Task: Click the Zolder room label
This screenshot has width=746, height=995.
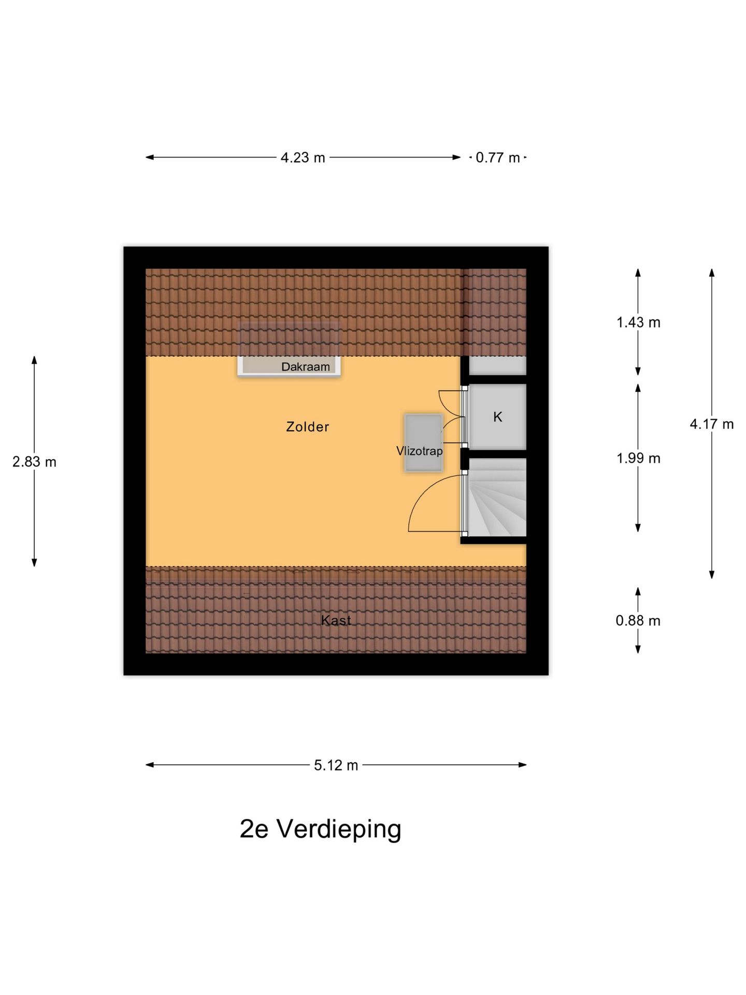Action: (307, 427)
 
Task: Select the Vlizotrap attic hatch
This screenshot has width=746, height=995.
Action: (423, 442)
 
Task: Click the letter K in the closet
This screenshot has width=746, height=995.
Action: (497, 417)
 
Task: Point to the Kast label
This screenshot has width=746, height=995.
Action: (336, 620)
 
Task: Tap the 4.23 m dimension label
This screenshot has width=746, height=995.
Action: (303, 158)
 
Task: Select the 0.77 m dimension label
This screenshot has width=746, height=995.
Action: (497, 158)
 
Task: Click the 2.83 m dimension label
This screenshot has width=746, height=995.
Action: (34, 461)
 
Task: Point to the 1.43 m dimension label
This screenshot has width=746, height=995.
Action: (638, 322)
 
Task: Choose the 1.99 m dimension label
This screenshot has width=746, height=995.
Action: (638, 458)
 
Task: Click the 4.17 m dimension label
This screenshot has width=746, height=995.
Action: (711, 424)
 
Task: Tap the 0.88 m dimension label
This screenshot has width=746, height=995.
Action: (638, 620)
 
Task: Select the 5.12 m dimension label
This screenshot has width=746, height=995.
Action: (336, 765)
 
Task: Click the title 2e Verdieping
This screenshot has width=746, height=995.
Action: (320, 829)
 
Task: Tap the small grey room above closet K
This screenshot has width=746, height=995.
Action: (497, 366)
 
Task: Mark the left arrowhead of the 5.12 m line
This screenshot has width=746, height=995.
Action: (149, 764)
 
